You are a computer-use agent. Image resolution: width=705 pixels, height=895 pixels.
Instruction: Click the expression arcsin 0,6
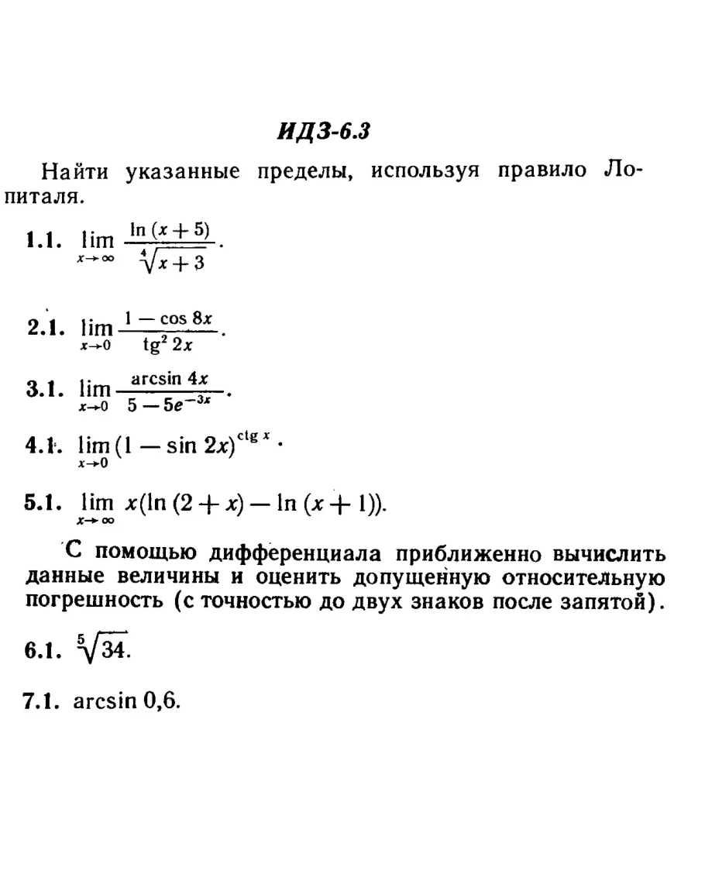point(127,701)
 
